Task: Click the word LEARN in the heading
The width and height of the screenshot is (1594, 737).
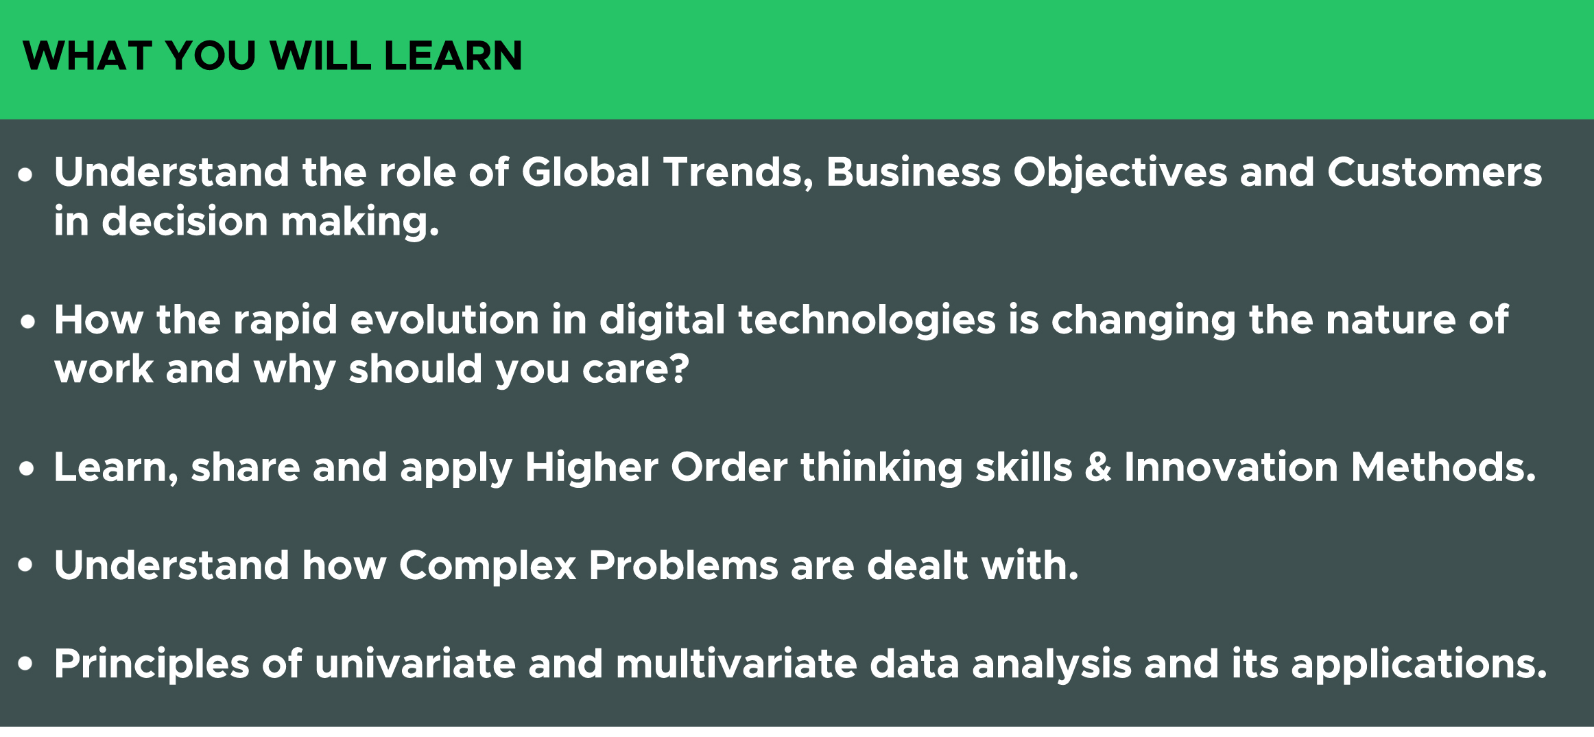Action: click(453, 56)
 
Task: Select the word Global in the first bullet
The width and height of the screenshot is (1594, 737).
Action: click(586, 172)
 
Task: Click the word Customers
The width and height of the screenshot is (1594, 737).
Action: click(1434, 172)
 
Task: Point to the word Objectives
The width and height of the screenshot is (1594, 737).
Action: click(1120, 172)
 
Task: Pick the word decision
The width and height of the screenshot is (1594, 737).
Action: click(185, 222)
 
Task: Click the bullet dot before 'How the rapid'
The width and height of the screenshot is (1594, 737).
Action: click(27, 322)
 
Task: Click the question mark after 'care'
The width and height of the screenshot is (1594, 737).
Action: click(680, 369)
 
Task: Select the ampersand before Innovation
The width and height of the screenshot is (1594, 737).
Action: click(1098, 467)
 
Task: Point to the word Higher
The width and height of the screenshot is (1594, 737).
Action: click(591, 467)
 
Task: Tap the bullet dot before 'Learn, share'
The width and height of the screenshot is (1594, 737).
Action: click(27, 469)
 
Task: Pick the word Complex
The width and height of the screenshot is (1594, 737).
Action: click(488, 566)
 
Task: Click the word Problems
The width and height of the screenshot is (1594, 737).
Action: click(683, 566)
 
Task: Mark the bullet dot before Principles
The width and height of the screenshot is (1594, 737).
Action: click(26, 664)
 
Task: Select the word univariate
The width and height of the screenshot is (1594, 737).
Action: click(415, 664)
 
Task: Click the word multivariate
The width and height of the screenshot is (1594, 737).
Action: click(737, 664)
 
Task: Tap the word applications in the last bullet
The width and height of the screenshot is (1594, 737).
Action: click(1418, 665)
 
